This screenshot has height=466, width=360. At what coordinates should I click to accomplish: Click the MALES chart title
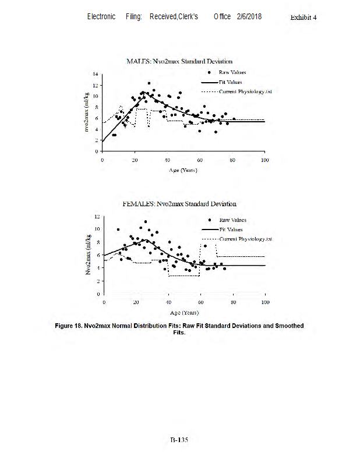[x=179, y=61]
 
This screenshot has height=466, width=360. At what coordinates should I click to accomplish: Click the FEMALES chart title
[x=179, y=204]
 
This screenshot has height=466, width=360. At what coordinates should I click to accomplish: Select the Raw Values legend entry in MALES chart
[x=232, y=72]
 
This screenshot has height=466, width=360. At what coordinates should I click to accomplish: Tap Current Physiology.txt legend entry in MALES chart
[x=245, y=91]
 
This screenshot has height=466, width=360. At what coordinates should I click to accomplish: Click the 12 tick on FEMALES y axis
[x=97, y=216]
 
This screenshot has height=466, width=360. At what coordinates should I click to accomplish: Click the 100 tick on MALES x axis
[x=264, y=160]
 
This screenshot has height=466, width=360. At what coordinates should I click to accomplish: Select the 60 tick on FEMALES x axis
[x=201, y=303]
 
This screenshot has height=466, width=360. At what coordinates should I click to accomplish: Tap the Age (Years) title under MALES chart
[x=183, y=170]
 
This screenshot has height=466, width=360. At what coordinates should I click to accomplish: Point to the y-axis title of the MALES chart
[x=86, y=112]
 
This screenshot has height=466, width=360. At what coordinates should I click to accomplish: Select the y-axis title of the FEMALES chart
[x=87, y=255]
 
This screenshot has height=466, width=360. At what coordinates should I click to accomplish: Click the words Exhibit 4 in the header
[x=303, y=17]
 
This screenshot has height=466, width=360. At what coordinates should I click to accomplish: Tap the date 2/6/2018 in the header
[x=249, y=16]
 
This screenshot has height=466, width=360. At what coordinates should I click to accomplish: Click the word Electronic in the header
[x=101, y=16]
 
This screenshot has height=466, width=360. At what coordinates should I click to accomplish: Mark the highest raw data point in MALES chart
[x=149, y=83]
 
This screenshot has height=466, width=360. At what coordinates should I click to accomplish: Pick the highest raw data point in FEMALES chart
[x=146, y=221]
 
